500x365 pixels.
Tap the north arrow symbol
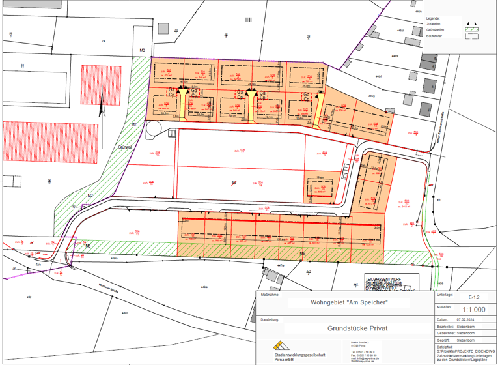pyautogui.click(x=102, y=104)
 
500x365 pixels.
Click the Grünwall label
pyautogui.click(x=126, y=147)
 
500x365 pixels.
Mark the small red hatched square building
pyautogui.click(x=97, y=85)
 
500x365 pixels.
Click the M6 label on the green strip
pyautogui.click(x=302, y=253)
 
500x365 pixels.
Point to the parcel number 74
pyautogui.click(x=103, y=41)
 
